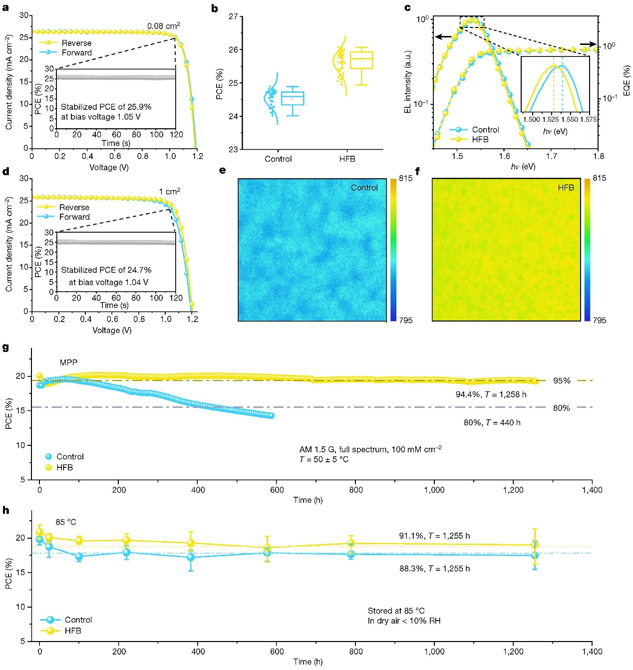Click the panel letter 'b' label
coord(215,8)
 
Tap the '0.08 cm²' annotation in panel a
coord(163,25)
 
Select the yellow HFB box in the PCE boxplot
coord(361,60)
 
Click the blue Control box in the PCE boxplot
coord(293,98)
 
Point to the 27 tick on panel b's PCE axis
coord(233,16)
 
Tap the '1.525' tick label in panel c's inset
coord(551,119)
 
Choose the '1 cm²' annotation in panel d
coord(169,191)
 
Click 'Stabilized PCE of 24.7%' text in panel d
coord(106,270)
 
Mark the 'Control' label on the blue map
coord(364,188)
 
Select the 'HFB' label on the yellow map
coord(566,188)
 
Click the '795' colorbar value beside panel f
coord(599,320)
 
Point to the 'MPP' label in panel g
coord(68,362)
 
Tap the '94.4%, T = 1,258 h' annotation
coord(491,394)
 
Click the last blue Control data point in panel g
coord(271,415)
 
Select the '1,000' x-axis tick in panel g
coord(434,490)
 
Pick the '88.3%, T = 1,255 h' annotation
coord(434,569)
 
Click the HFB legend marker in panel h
coord(50,631)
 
